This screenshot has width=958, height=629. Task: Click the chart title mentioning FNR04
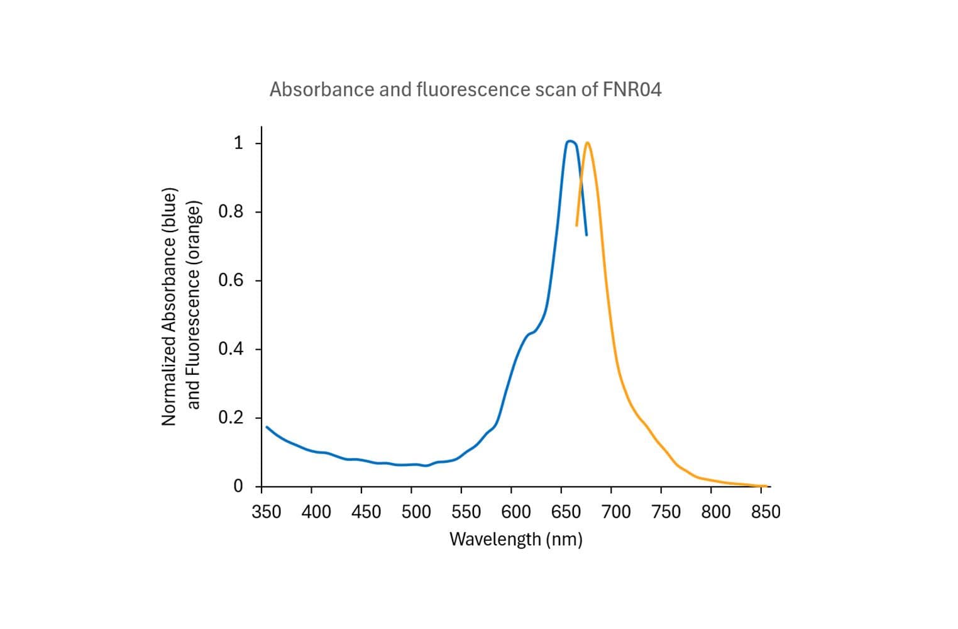pyautogui.click(x=465, y=90)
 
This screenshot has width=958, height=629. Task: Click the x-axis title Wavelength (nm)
pyautogui.click(x=515, y=539)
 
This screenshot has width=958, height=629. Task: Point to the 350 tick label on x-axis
pyautogui.click(x=266, y=512)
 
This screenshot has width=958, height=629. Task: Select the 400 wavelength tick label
pyautogui.click(x=316, y=512)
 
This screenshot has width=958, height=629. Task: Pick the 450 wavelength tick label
pyautogui.click(x=366, y=512)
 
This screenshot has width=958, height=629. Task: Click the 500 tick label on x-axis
pyautogui.click(x=416, y=512)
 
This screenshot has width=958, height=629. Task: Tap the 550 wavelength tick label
pyautogui.click(x=466, y=512)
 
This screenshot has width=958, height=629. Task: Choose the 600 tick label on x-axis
pyautogui.click(x=516, y=512)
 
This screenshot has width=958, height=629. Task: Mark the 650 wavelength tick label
pyautogui.click(x=566, y=512)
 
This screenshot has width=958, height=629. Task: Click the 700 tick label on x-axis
pyautogui.click(x=616, y=512)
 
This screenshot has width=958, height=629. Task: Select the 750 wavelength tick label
pyautogui.click(x=666, y=512)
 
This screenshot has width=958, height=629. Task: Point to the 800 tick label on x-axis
pyautogui.click(x=716, y=512)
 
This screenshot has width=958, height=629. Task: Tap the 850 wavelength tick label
pyautogui.click(x=766, y=512)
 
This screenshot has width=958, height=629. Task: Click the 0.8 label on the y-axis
pyautogui.click(x=230, y=212)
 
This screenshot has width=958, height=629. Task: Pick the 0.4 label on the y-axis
pyautogui.click(x=230, y=349)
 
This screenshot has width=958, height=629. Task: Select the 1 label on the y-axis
pyautogui.click(x=238, y=143)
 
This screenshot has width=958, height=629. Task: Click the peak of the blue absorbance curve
pyautogui.click(x=570, y=141)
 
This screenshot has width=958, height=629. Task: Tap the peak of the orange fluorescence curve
pyautogui.click(x=587, y=142)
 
